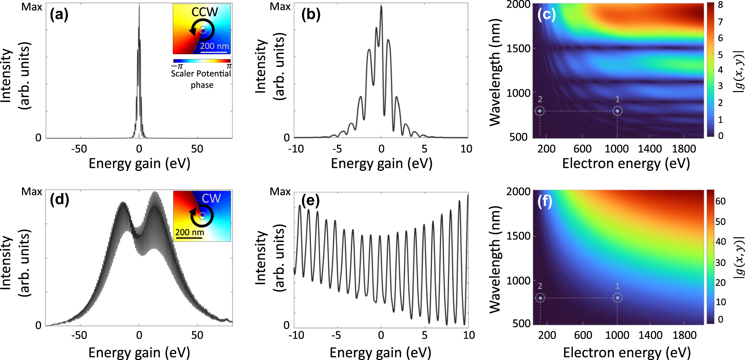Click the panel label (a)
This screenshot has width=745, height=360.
[59, 15]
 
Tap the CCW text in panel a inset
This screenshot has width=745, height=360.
[205, 12]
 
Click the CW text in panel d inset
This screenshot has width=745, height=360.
[211, 198]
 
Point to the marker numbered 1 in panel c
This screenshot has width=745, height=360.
[617, 111]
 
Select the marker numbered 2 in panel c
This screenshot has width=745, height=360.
[540, 111]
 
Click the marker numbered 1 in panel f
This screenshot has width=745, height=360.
[617, 298]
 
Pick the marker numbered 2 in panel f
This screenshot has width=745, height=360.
[540, 298]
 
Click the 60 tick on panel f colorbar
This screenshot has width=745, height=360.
[720, 201]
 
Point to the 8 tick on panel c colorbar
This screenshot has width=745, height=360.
[720, 5]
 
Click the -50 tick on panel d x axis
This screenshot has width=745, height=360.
[79, 335]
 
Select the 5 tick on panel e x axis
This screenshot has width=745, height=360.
[424, 335]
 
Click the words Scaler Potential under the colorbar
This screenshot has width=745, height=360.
[201, 74]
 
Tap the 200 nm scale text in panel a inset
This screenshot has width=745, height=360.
[214, 46]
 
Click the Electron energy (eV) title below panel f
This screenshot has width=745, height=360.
[627, 352]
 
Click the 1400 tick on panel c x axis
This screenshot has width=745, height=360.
[649, 149]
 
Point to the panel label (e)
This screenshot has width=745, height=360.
[311, 201]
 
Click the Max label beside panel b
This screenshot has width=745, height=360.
[280, 7]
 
